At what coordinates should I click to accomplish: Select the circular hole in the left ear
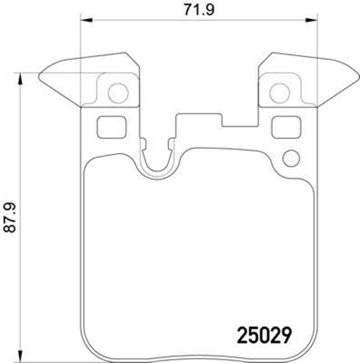[118, 92]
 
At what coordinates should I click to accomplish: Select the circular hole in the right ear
[279, 92]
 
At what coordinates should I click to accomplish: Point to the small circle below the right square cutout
[291, 158]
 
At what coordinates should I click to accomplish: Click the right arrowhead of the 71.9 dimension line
[312, 20]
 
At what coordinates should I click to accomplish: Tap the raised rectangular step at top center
[199, 119]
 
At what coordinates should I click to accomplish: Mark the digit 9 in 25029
[286, 334]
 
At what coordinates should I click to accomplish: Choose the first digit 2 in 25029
[239, 334]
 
